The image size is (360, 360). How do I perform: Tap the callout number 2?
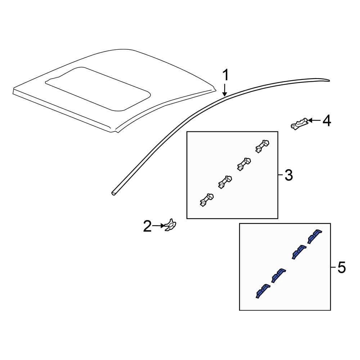point(147,226)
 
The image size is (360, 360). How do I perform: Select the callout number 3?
point(288,176)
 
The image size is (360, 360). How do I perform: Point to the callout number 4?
point(326,121)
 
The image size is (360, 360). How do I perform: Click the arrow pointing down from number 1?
point(225,90)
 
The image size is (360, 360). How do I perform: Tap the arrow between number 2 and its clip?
point(158,226)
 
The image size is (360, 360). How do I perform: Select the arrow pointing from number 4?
point(314,121)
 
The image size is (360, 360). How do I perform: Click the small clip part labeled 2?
point(170,226)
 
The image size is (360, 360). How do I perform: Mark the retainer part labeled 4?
point(300,124)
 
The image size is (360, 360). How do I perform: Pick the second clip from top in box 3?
point(244,164)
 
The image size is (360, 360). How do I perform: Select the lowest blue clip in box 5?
point(262,291)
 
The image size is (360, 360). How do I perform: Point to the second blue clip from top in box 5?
point(298,252)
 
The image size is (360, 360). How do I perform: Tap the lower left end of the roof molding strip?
point(114,193)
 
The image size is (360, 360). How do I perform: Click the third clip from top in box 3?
point(225,182)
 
